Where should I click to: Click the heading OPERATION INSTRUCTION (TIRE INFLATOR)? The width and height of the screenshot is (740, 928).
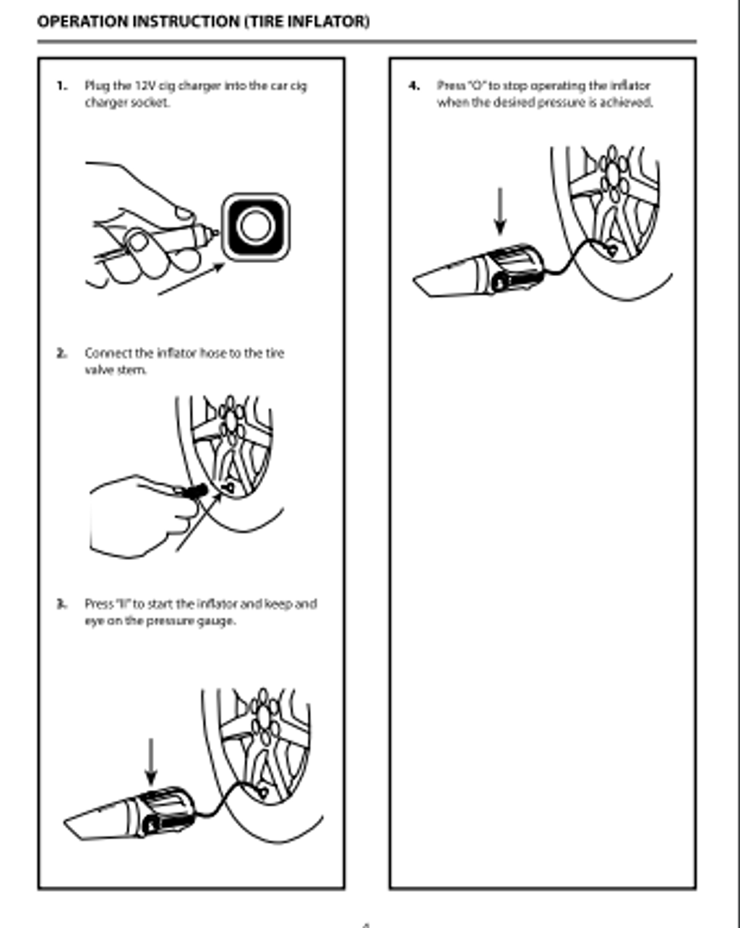tap(203, 22)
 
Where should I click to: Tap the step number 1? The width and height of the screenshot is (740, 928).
tap(62, 85)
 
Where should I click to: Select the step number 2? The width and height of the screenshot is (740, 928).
tap(62, 353)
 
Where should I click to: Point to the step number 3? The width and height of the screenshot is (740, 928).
tap(62, 603)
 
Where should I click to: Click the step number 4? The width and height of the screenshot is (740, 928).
tap(414, 85)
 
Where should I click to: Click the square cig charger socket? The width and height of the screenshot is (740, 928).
tap(255, 226)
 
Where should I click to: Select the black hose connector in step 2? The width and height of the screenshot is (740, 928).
tap(193, 491)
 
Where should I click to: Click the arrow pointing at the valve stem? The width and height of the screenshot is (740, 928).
tap(196, 525)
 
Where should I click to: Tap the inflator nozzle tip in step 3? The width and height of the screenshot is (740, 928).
tap(69, 823)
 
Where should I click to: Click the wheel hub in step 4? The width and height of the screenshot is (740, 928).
tap(614, 173)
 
